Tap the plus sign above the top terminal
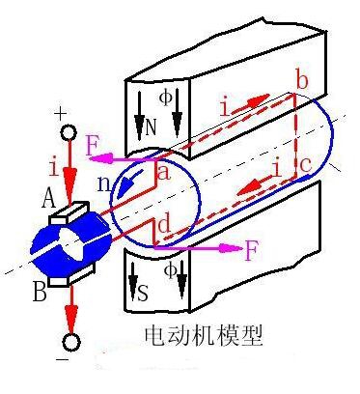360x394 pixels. [62, 114]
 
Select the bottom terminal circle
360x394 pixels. [70, 343]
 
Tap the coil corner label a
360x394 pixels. [163, 172]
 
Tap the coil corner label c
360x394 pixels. [305, 167]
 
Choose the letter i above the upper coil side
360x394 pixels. [225, 108]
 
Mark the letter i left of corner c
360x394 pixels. [278, 169]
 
